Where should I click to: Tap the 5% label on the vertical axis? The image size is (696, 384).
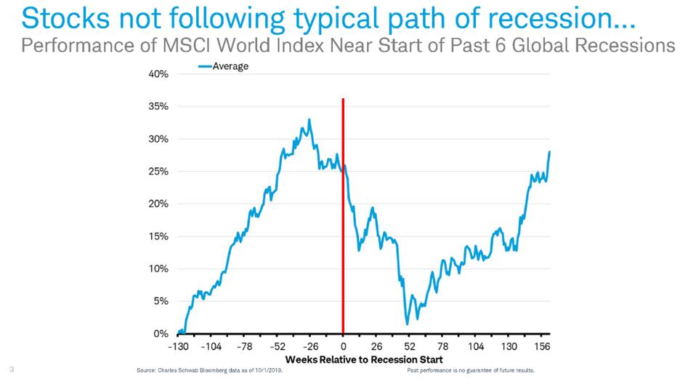point(161,301)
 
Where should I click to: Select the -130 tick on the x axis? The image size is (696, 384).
point(178,348)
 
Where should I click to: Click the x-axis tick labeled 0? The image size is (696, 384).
point(343,348)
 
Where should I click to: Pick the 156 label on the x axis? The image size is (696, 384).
point(543,348)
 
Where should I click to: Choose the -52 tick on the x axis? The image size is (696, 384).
point(278,348)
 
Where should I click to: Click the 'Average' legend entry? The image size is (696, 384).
point(230,66)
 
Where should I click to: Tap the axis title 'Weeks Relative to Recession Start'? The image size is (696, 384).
point(364,360)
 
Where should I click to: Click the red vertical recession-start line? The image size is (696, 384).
point(343,218)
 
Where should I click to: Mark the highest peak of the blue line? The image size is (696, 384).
point(309,119)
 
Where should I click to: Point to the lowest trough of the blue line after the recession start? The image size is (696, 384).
point(408,324)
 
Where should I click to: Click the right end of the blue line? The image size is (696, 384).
point(550,151)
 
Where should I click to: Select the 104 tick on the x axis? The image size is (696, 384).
point(476,348)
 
